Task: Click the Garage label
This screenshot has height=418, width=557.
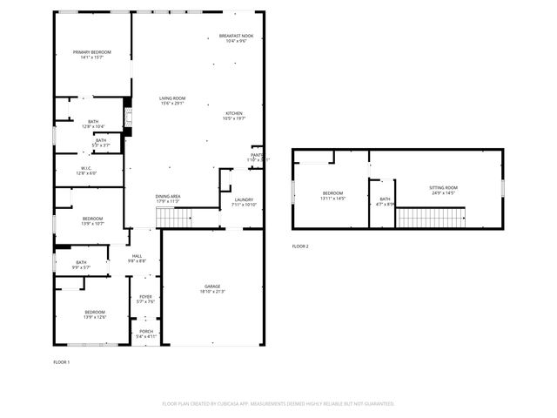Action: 212,288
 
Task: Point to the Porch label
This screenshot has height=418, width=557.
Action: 145,333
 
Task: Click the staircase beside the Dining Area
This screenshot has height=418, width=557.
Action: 178,219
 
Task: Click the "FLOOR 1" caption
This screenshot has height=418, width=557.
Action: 62,361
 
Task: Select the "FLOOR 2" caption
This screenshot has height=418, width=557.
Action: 300,246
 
